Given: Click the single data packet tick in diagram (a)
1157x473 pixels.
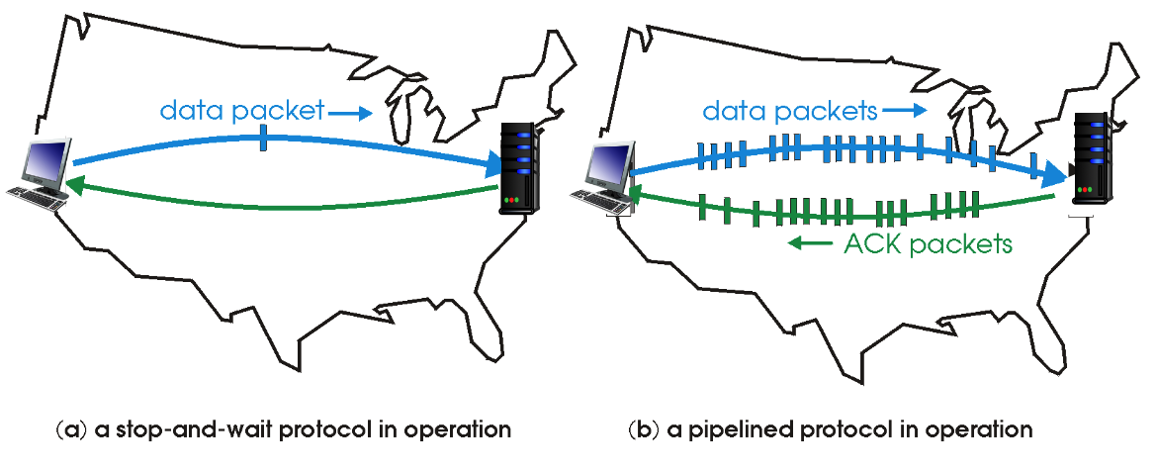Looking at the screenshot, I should pyautogui.click(x=263, y=139).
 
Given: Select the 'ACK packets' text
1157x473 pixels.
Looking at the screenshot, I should pyautogui.click(x=929, y=243).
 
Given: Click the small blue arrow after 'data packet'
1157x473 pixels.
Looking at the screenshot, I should pyautogui.click(x=348, y=114).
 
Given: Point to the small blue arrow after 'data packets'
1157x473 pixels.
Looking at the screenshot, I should pyautogui.click(x=905, y=110).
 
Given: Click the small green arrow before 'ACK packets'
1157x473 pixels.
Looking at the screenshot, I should pyautogui.click(x=807, y=244).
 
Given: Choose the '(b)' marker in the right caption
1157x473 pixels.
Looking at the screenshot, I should pyautogui.click(x=641, y=430).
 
